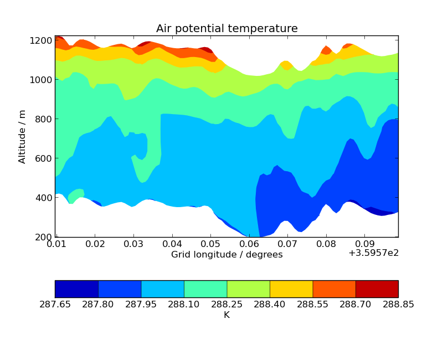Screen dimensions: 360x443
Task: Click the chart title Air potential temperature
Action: (x=226, y=29)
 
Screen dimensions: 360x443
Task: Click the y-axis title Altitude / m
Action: (x=22, y=136)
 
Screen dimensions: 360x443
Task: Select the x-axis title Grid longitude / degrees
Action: (x=226, y=255)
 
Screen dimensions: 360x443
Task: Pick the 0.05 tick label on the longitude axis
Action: (x=210, y=244)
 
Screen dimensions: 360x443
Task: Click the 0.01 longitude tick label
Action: (x=56, y=244)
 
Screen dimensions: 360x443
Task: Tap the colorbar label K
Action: (x=226, y=315)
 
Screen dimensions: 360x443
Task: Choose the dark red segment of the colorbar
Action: (x=377, y=289)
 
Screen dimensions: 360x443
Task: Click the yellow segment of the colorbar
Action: (x=291, y=289)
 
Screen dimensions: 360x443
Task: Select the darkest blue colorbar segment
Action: (x=76, y=289)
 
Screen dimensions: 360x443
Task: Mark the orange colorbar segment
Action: (x=334, y=289)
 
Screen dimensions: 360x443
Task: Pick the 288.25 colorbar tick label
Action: (x=226, y=304)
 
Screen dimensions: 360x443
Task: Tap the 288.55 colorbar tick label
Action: (x=312, y=304)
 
